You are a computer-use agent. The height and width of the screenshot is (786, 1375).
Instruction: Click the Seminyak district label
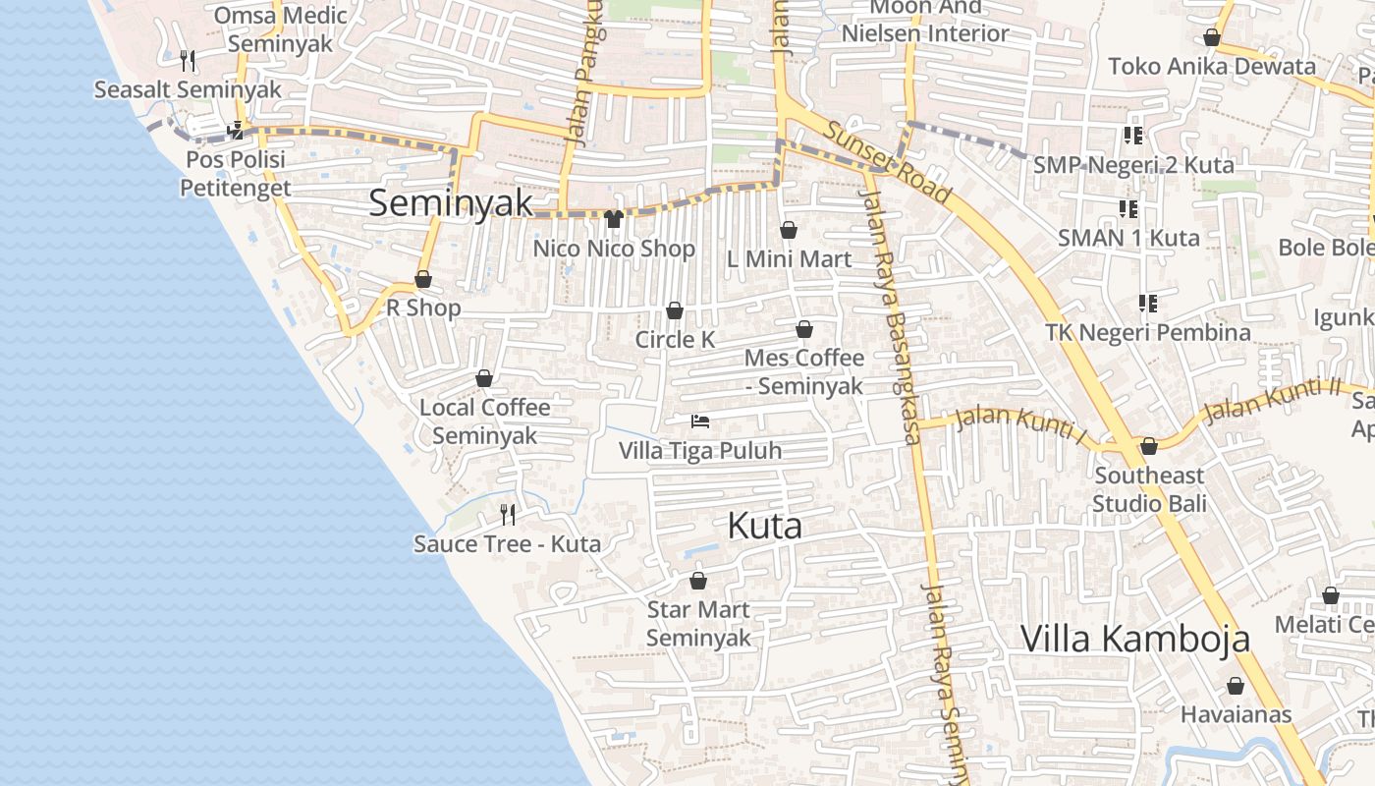(x=451, y=203)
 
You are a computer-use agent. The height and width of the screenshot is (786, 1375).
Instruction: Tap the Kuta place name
(x=764, y=527)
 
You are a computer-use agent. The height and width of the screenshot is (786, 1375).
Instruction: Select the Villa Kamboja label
(x=1135, y=639)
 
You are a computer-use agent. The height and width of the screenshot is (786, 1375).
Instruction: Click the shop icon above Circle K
(x=675, y=311)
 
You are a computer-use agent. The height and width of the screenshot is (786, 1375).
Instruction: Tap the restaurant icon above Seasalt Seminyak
(x=188, y=61)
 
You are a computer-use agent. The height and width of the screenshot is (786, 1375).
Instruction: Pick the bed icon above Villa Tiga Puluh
(x=700, y=422)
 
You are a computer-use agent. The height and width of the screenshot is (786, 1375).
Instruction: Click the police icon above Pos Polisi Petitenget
(x=235, y=130)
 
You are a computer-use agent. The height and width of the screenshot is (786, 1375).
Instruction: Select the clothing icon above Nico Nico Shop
(x=614, y=219)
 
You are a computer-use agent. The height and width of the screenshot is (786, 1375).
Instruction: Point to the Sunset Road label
(x=887, y=162)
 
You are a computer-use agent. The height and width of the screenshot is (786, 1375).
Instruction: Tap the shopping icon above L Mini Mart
(x=788, y=230)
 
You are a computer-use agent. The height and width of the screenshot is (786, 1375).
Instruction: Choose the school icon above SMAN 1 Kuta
(x=1128, y=209)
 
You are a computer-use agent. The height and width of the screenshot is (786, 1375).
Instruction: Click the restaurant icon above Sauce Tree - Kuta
(x=508, y=514)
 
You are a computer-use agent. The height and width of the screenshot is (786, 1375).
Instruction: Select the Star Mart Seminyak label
(x=698, y=624)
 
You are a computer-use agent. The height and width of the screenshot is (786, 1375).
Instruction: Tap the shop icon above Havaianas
(x=1236, y=686)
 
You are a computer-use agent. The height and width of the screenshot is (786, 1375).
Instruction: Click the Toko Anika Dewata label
(x=1211, y=67)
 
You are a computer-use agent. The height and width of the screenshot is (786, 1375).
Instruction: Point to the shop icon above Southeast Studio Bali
(x=1148, y=447)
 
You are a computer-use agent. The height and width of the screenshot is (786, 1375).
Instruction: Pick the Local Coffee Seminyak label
(x=484, y=421)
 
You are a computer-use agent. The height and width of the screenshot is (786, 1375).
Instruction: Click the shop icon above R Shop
(x=423, y=279)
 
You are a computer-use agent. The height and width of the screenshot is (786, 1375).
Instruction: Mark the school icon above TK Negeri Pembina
(x=1147, y=304)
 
